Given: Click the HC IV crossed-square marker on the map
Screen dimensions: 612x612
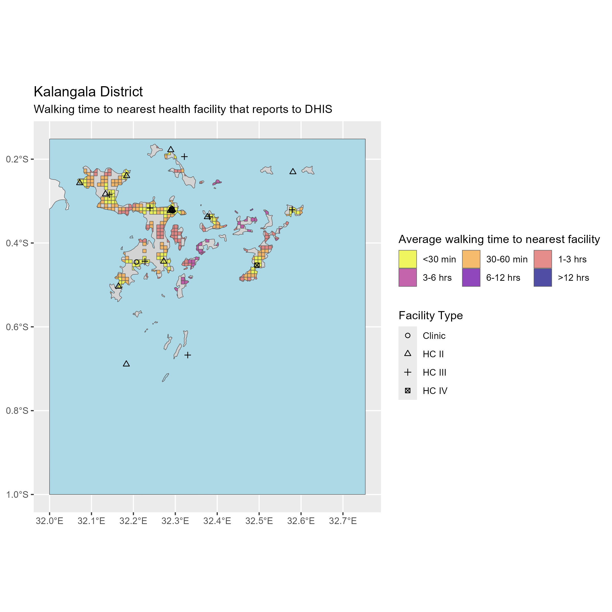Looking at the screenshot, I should click(x=257, y=265).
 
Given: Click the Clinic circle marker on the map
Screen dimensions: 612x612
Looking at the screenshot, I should click(x=136, y=262).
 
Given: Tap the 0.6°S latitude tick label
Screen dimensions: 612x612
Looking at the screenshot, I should click(x=17, y=327).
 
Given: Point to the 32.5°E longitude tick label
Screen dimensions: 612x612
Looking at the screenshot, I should click(x=259, y=521).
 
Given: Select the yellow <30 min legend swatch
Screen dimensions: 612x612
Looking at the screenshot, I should click(x=408, y=259).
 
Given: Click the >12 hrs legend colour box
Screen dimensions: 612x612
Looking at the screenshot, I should click(x=543, y=277).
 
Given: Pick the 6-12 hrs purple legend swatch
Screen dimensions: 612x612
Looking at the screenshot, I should click(x=471, y=277).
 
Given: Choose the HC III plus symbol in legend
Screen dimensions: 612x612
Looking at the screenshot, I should click(x=408, y=372).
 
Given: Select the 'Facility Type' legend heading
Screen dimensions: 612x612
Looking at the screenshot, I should click(x=430, y=315).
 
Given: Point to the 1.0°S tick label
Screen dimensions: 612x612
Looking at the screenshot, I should click(x=17, y=494).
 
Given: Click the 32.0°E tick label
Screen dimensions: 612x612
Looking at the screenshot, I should click(x=49, y=521).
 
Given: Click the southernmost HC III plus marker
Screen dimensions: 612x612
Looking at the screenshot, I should click(x=188, y=355).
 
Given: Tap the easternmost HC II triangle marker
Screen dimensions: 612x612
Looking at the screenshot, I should click(x=293, y=171).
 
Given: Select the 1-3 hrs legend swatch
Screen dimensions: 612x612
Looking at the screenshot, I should click(x=543, y=259).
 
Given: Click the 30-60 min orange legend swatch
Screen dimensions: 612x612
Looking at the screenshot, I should click(x=471, y=259).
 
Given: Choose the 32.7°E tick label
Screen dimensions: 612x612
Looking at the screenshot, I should click(x=343, y=521).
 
